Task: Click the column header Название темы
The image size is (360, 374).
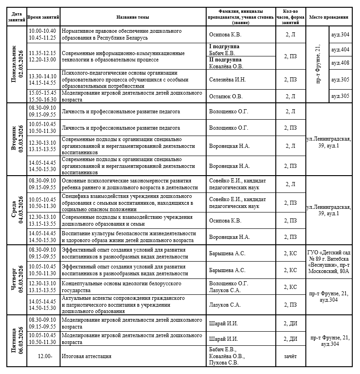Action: [133, 17]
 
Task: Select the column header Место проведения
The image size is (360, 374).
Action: [329, 17]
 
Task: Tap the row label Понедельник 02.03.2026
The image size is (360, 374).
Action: [17, 64]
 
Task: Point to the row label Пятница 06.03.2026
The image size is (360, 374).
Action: [17, 340]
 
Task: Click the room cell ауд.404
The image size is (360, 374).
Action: [340, 50]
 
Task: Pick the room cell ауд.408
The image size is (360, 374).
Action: [340, 63]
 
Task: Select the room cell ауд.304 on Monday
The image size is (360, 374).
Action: [340, 34]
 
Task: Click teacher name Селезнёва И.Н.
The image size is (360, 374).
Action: [227, 80]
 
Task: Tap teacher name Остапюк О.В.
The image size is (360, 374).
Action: [225, 96]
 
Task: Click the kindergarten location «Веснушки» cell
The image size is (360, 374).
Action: [329, 262]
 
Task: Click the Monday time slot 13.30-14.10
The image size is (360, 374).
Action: [42, 76]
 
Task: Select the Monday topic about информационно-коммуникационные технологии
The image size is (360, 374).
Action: [123, 56]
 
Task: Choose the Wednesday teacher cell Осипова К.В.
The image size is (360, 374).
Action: [225, 221]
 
